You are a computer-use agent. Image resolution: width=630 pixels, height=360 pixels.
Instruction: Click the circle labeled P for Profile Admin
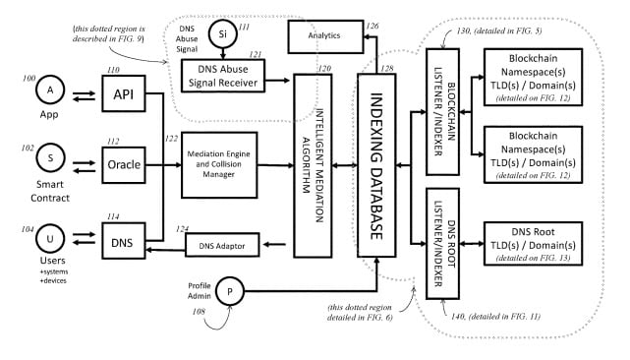[x=231, y=292]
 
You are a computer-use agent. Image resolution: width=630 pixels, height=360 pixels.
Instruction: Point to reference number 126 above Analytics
[x=372, y=26]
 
